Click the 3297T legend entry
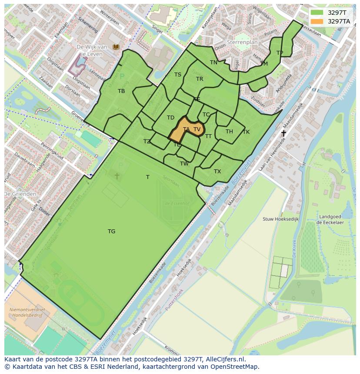[337, 13]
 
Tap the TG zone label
[112, 232]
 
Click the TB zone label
[121, 91]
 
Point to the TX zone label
[217, 172]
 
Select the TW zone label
[184, 164]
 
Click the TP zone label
[280, 53]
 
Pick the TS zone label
[178, 75]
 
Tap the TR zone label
[200, 79]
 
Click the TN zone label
[213, 63]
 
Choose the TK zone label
[246, 132]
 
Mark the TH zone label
[229, 132]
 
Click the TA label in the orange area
[186, 129]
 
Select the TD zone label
[170, 118]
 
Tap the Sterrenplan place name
[243, 43]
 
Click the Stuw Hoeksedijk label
[280, 219]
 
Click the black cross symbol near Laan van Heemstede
[283, 133]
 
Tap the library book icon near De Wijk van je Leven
[116, 47]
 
